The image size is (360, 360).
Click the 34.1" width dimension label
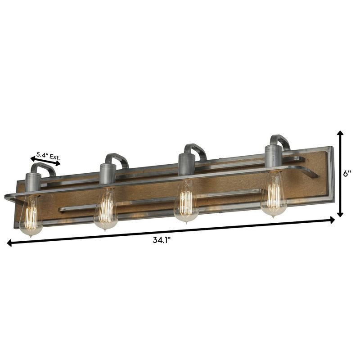coord(162,240)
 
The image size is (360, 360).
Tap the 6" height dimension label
coord(346,173)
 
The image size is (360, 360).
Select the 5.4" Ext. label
coord(48,156)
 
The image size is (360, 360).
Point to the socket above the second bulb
coord(108,174)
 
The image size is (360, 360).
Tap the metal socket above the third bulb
coord(185,165)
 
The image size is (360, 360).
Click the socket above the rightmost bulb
coord(273,156)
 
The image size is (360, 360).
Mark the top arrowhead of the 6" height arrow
coord(341,134)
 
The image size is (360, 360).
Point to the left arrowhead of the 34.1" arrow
coord(9,243)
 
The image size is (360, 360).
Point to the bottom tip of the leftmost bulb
coord(31,235)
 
